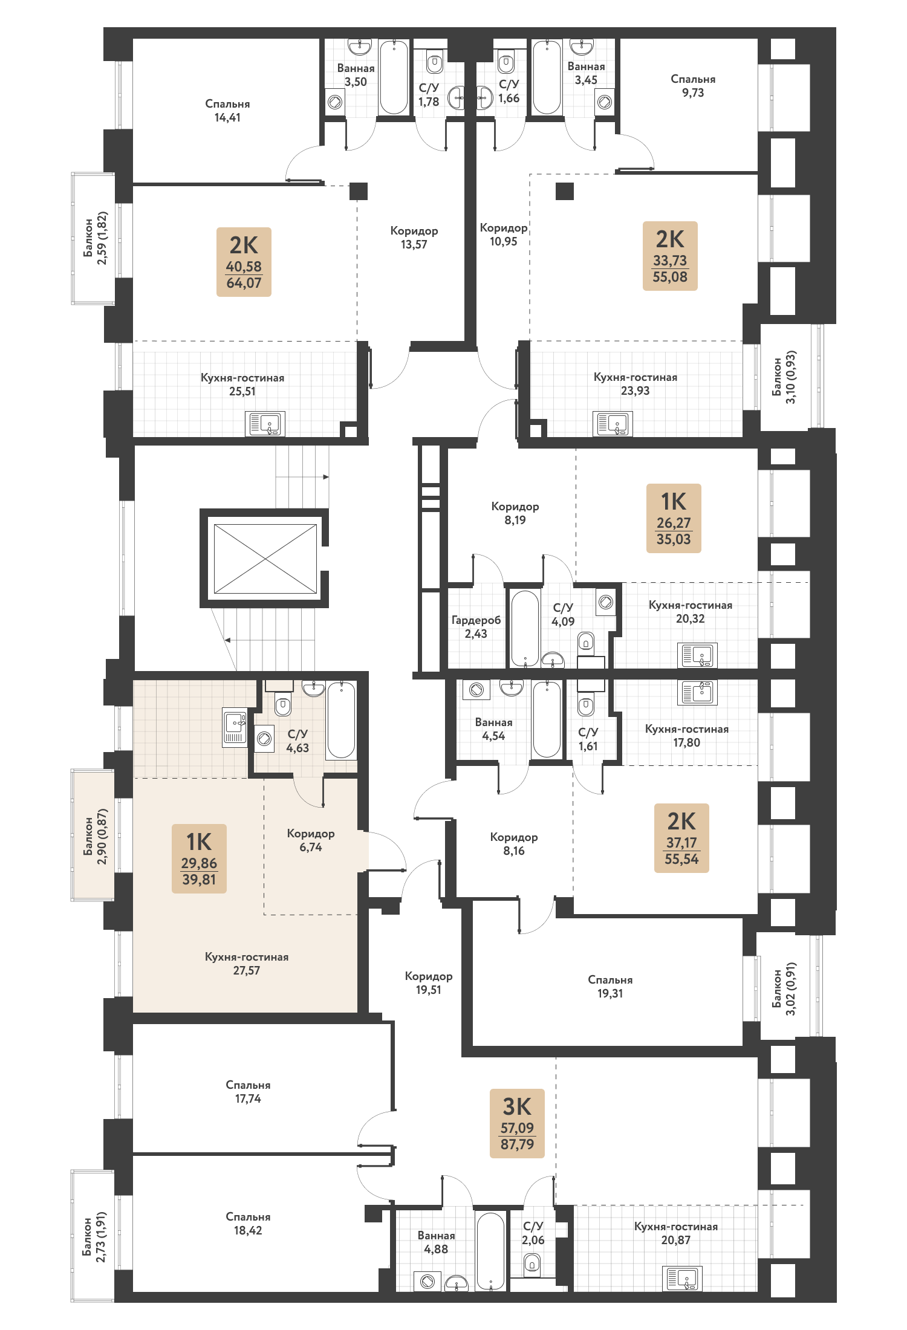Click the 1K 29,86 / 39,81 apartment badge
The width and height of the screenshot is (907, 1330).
pos(199,858)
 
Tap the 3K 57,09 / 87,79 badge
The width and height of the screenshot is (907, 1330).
pos(517,1123)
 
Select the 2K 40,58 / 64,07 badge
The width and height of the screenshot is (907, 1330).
pos(244,262)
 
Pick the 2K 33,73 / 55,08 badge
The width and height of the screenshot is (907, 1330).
pos(670,256)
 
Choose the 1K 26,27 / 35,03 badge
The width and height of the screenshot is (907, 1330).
pos(674,518)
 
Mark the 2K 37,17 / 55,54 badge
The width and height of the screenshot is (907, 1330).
pos(681,838)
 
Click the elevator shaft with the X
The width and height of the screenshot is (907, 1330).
pos(265,559)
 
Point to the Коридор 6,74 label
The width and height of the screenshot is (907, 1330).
pos(311,840)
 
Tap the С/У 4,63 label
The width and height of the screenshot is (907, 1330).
pos(297,741)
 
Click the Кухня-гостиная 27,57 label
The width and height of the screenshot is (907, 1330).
pos(247,964)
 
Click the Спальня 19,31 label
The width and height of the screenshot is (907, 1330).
pos(610,987)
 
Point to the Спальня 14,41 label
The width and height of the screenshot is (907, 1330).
pos(227,111)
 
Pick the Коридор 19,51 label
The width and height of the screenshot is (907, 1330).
pos(429,983)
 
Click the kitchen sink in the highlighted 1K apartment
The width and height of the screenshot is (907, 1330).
pos(235,727)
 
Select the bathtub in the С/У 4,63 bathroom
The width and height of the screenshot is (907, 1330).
pos(341,719)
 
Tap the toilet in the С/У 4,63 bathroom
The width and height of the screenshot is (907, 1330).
pos(283,704)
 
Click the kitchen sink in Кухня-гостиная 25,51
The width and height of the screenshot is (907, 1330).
pos(265,424)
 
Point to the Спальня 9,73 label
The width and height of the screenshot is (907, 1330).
pos(693,86)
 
